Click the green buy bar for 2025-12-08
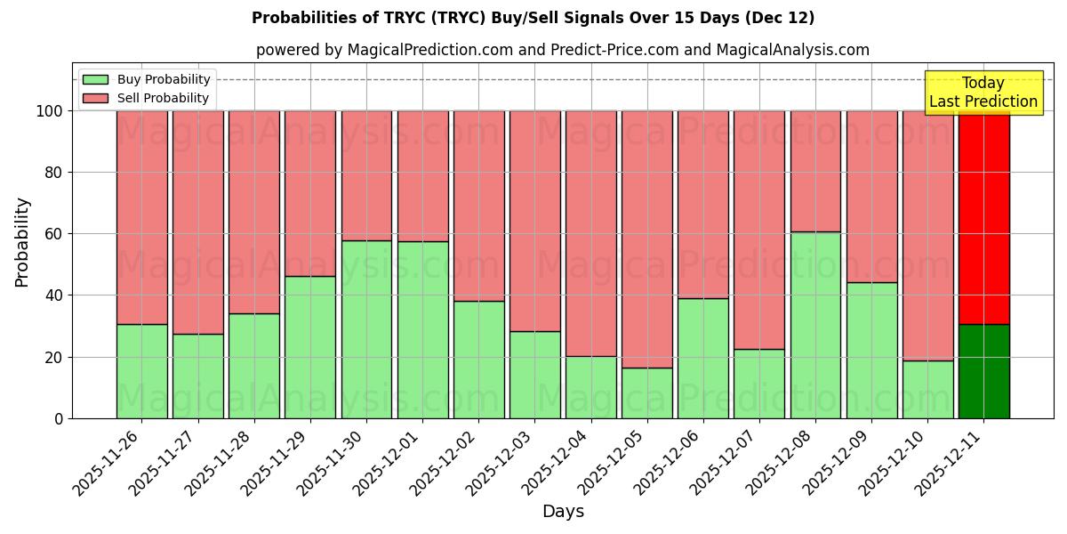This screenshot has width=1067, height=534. [815, 325]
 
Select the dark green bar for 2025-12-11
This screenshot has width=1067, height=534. [983, 371]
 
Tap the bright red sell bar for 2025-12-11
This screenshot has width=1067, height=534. [983, 217]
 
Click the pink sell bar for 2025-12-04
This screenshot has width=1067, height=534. [591, 233]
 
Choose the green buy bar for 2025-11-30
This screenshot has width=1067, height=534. [366, 329]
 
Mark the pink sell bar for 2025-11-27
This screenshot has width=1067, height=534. [198, 222]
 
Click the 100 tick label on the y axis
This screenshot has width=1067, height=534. [50, 111]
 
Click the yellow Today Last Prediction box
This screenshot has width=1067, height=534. [983, 93]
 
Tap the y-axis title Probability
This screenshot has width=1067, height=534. [22, 242]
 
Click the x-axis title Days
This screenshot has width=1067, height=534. [563, 512]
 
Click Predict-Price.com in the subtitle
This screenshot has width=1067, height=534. [613, 50]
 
